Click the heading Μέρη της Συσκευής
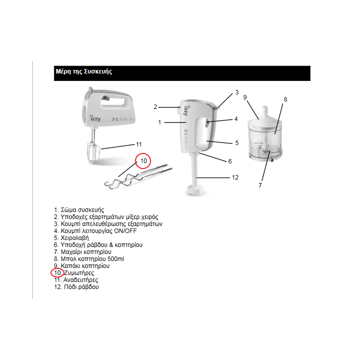pos(83,72)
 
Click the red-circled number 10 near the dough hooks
pos(143,160)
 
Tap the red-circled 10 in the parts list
pos(57,273)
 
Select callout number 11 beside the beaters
pos(139,144)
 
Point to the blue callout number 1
pos(159,122)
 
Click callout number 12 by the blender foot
pos(235,177)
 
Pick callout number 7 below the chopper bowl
pos(260,185)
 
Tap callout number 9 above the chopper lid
pos(245,97)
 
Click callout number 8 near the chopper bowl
pos(285,99)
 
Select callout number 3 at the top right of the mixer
pos(237,92)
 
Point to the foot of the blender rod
pos(195,190)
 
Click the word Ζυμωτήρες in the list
pos(79,273)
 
